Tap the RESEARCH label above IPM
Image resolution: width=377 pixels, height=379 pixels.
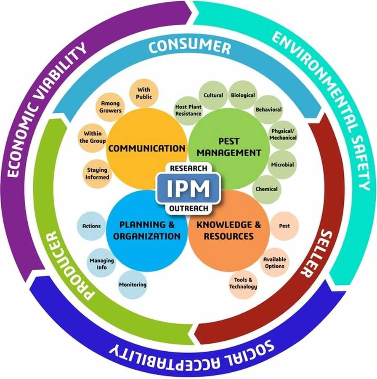click(x=188, y=168)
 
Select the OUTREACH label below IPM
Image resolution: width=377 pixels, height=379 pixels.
click(x=188, y=208)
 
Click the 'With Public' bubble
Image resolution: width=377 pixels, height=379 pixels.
click(x=144, y=93)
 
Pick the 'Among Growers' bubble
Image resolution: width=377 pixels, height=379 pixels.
click(x=110, y=107)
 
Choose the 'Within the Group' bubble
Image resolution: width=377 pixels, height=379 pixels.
click(x=93, y=137)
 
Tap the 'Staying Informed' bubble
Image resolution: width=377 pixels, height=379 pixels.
click(x=97, y=173)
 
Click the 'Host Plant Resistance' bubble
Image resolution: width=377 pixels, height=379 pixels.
click(x=188, y=110)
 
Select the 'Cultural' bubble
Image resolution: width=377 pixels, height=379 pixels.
click(x=213, y=95)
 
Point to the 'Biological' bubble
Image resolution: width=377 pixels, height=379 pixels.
click(x=243, y=95)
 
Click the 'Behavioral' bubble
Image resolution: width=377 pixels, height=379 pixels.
click(x=268, y=109)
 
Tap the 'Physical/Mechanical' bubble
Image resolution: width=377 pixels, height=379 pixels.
click(x=283, y=135)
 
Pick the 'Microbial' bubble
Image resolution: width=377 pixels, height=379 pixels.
click(x=282, y=165)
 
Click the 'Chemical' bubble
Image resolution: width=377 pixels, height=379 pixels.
click(x=267, y=189)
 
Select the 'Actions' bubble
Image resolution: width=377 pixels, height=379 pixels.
click(x=92, y=226)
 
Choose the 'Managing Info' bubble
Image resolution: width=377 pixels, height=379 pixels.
click(x=101, y=264)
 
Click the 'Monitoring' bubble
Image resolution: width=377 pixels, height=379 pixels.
click(x=133, y=285)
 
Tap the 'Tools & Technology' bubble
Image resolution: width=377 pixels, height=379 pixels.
click(x=243, y=283)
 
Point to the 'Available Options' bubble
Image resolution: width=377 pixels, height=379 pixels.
click(x=275, y=263)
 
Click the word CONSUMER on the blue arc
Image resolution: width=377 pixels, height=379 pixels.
click(x=190, y=47)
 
